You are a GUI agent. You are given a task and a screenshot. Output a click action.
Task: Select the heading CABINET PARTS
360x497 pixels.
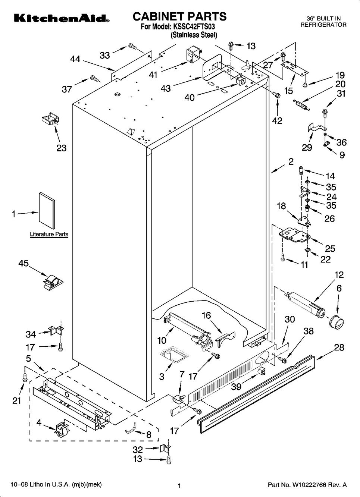click(179, 16)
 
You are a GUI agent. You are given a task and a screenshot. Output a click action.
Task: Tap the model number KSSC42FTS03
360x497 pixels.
click(194, 27)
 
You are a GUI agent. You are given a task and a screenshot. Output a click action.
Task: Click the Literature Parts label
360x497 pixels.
click(49, 235)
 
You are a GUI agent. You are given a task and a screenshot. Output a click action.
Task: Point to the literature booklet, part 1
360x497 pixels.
click(47, 211)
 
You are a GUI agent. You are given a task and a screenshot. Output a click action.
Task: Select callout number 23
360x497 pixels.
click(61, 148)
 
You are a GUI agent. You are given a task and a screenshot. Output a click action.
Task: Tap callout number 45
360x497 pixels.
click(24, 264)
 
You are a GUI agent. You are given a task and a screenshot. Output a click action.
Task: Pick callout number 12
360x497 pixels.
click(339, 275)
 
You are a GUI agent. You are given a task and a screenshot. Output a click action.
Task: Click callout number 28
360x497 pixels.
click(339, 347)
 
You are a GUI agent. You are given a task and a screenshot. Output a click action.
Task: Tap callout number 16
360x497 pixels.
click(206, 315)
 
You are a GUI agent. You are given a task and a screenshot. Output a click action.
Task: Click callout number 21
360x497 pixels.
click(16, 400)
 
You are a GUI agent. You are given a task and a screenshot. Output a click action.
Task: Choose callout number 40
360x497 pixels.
click(190, 98)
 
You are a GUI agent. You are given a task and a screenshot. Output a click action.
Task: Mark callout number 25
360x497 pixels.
click(330, 249)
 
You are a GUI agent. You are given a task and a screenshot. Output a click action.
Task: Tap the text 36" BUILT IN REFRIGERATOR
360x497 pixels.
click(323, 22)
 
